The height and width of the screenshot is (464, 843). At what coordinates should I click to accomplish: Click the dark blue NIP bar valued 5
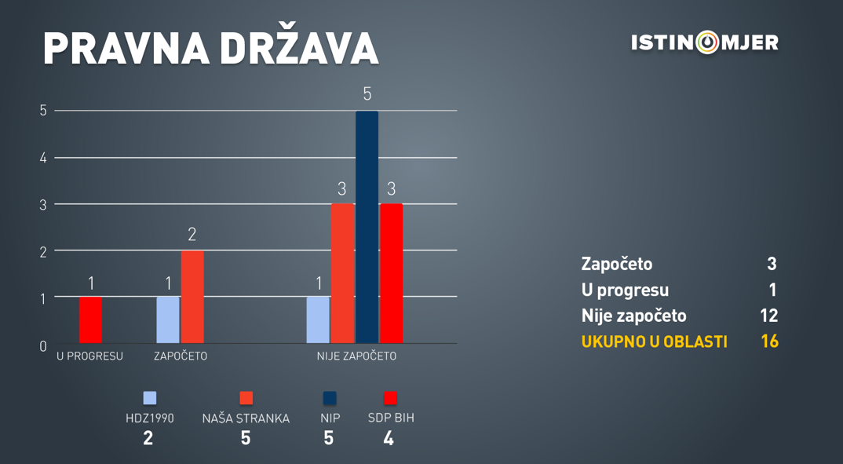tap(367, 227)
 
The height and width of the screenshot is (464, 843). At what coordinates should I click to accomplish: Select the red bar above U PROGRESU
tap(90, 320)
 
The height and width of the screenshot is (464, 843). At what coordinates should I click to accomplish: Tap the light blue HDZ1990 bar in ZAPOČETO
tap(168, 320)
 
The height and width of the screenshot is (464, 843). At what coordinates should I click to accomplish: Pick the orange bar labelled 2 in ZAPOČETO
tap(192, 297)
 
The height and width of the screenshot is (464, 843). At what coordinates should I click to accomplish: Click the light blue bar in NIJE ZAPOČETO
tap(318, 320)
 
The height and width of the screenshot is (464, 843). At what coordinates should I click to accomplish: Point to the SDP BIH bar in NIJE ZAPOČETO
tap(391, 273)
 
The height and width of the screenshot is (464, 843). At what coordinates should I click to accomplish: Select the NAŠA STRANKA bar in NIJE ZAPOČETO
tap(342, 273)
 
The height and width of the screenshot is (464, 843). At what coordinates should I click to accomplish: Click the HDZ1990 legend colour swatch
tap(150, 398)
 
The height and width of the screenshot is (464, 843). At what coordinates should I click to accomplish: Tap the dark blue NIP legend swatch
tap(330, 398)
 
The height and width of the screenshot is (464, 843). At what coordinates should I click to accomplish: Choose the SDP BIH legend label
tap(391, 418)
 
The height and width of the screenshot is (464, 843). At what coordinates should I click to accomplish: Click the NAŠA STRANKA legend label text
tap(246, 418)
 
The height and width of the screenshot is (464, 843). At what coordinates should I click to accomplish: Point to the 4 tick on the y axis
tap(43, 158)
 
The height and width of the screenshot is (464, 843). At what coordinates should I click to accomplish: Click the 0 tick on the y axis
tap(43, 346)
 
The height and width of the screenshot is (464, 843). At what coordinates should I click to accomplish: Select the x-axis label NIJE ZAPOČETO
tap(356, 356)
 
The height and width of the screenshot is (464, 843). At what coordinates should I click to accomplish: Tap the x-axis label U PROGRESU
tap(89, 356)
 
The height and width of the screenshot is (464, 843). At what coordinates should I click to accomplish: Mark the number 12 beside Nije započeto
tap(768, 316)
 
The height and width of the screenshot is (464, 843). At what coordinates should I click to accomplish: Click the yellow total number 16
tap(769, 342)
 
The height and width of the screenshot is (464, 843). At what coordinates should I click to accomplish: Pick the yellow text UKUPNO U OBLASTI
tap(655, 342)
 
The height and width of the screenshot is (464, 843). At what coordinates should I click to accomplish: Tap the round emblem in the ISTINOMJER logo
tap(707, 42)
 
